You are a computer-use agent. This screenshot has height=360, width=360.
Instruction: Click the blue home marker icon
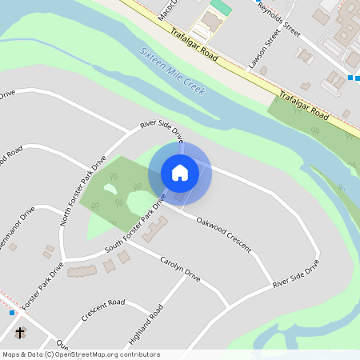(180, 173)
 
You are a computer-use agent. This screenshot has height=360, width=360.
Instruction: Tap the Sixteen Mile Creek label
(172, 70)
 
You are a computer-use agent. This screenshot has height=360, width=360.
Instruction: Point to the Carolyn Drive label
(180, 268)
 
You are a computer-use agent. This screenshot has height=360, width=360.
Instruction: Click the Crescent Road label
(103, 310)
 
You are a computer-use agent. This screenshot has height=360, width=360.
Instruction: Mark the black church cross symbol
(20, 332)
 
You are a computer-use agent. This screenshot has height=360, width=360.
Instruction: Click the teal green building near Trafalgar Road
(221, 8)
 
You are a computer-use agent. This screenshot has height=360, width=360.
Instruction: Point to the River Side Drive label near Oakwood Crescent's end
(296, 274)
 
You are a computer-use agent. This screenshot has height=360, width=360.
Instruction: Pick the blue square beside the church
(13, 312)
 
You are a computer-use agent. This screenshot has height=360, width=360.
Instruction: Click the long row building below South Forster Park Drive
(82, 271)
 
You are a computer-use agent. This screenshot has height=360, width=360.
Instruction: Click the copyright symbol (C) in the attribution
(50, 354)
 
